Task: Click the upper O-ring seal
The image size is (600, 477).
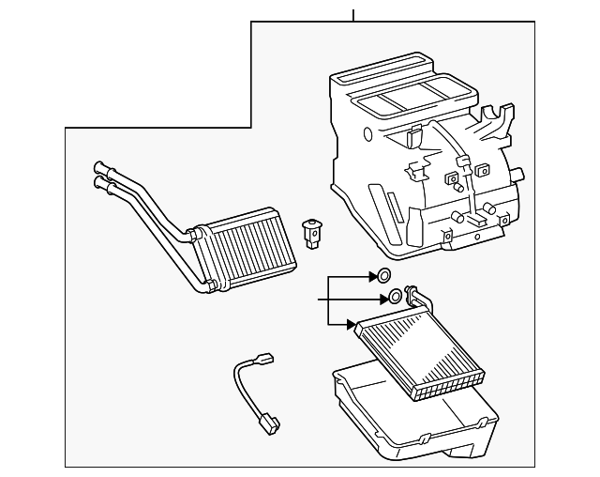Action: coord(382,276)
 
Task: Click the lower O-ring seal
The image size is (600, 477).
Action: coord(396,297)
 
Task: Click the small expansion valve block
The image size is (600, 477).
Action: coord(311,232)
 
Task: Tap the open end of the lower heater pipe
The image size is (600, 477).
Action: coord(98,186)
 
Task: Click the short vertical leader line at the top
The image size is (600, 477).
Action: coord(353,15)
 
